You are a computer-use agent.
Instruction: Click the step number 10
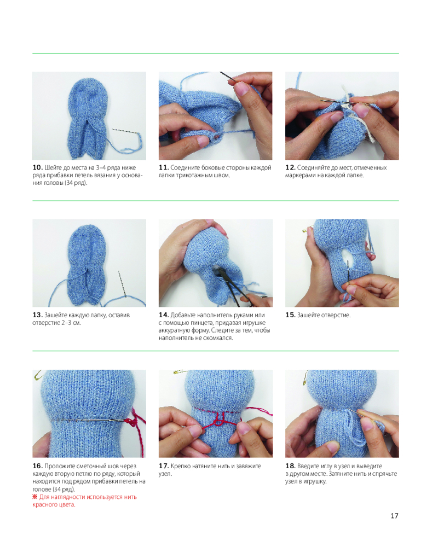pyautogui.click(x=37, y=167)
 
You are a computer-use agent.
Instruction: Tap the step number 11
pyautogui.click(x=164, y=167)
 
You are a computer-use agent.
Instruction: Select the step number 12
pyautogui.click(x=290, y=167)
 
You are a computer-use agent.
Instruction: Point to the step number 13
pyautogui.click(x=37, y=315)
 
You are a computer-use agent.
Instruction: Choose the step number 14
pyautogui.click(x=164, y=315)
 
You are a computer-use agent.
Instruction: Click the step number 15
pyautogui.click(x=290, y=315)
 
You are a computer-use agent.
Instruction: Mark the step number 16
pyautogui.click(x=37, y=466)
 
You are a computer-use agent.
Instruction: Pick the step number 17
pyautogui.click(x=164, y=466)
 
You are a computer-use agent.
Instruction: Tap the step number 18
pyautogui.click(x=290, y=466)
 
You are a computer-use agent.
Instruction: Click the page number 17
pyautogui.click(x=394, y=516)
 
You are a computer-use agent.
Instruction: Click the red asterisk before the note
pyautogui.click(x=34, y=497)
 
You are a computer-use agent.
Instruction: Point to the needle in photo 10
pyautogui.click(x=125, y=131)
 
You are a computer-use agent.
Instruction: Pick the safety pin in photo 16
pyautogui.click(x=37, y=375)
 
